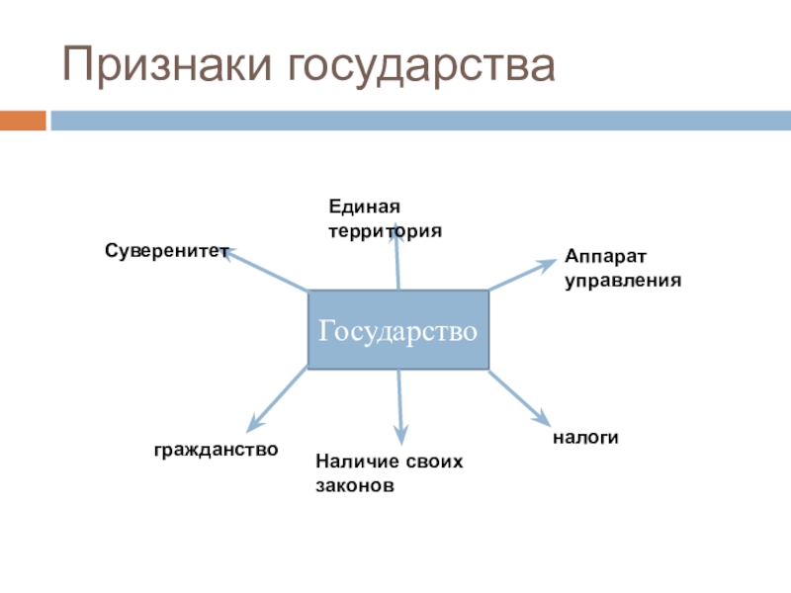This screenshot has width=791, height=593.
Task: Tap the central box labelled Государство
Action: tap(397, 330)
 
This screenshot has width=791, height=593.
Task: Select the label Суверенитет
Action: tap(167, 252)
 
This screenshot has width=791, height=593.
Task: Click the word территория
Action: tap(385, 229)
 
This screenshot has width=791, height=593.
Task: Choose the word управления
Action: tap(623, 280)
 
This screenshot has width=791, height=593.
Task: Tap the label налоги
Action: tap(585, 436)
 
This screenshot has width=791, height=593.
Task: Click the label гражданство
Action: tap(216, 449)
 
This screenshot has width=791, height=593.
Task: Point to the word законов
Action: tap(355, 486)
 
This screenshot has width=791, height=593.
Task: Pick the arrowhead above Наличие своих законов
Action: tap(401, 436)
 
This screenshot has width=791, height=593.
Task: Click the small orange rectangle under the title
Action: tap(23, 121)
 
